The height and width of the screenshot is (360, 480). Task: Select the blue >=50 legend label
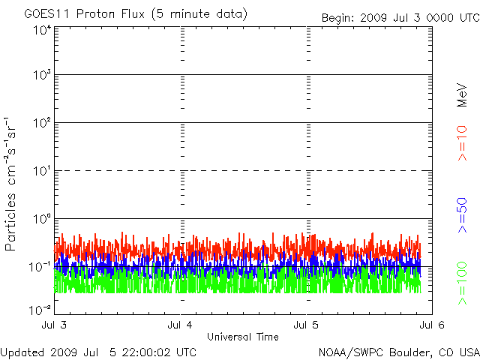click(463, 214)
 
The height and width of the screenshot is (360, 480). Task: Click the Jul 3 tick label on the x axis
click(55, 325)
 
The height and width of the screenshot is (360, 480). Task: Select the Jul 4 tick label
click(181, 325)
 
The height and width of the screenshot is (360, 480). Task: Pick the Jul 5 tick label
click(307, 325)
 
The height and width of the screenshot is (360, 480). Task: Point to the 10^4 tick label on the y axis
click(42, 30)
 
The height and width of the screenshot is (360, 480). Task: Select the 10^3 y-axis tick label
click(42, 76)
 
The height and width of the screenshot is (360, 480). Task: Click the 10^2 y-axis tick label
click(42, 124)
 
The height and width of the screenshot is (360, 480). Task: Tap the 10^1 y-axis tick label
click(42, 172)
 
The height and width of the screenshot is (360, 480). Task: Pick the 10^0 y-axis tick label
click(42, 220)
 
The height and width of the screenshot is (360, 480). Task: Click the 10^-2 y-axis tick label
click(40, 309)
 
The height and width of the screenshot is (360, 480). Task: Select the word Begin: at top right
click(338, 18)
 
